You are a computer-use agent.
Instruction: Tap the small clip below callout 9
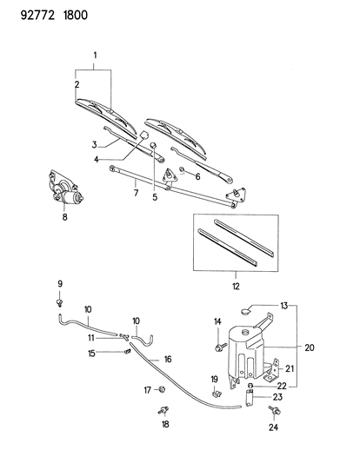[60, 301]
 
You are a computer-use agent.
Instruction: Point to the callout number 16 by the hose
[168, 359]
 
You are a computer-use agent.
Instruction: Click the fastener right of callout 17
[162, 390]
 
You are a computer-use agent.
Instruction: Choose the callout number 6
[197, 176]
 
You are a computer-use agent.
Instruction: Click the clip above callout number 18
[163, 409]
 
